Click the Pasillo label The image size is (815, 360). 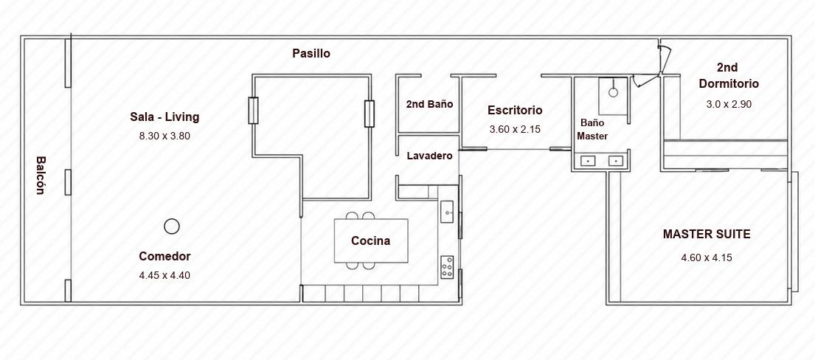coord(311,54)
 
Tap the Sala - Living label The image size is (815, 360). coord(164,117)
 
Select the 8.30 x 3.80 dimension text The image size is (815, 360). coord(164,136)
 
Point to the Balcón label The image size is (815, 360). coord(41,176)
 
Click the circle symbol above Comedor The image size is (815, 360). coord(172,226)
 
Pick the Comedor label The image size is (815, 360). coord(164,257)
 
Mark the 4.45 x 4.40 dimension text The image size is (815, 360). coord(164,276)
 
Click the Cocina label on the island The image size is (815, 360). coord(370,241)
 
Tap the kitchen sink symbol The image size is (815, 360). coord(448,212)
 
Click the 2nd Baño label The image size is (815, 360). coord(429,104)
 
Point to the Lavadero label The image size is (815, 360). coord(429,156)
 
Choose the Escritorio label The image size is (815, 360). coord(515,111)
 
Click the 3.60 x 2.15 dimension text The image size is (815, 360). coord(515,130)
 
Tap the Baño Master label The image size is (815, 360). coord(593,129)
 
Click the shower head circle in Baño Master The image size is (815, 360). coord(614,93)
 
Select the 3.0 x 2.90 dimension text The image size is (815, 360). coord(729,104)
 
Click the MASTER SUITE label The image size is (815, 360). coord(707,235)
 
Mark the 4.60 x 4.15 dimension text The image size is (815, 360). coord(707,257)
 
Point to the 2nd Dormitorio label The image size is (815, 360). coord(728,75)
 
